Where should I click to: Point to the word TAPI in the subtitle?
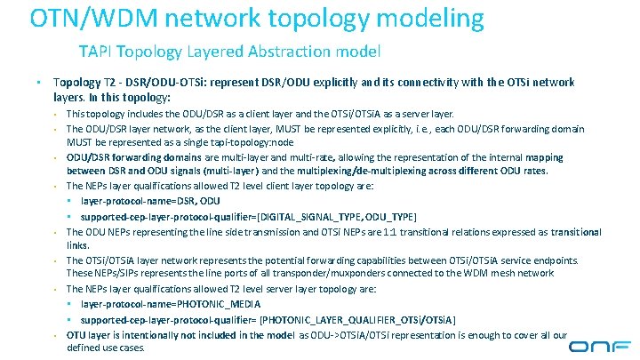pos(95,52)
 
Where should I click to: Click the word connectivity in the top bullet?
pos(412,82)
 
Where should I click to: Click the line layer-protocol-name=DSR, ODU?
pos(151,201)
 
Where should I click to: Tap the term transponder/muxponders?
pos(374,274)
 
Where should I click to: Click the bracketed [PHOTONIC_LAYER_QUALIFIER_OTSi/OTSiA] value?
pos(359,318)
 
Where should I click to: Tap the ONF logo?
pos(599,346)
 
